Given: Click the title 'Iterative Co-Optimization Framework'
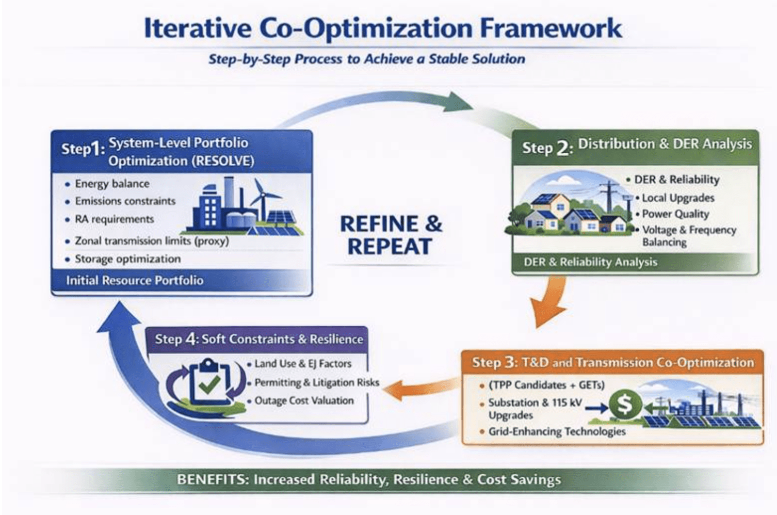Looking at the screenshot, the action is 383,28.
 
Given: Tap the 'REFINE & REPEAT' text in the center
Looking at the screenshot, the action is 391,235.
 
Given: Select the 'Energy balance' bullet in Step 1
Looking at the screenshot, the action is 112,184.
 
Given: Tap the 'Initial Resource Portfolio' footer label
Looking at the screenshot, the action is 135,280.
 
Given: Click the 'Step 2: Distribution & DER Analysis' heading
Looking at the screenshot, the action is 637,147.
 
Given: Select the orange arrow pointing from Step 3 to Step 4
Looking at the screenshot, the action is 420,389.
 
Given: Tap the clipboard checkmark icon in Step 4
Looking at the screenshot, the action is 207,382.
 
